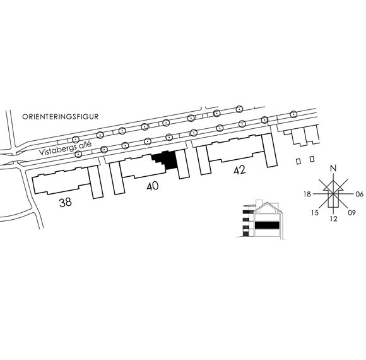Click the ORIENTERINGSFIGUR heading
tap(60, 117)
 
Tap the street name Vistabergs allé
tap(65, 148)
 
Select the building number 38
tap(66, 202)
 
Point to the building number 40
tap(153, 186)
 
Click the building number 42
tap(240, 170)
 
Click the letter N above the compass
tap(334, 168)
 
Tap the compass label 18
tap(307, 194)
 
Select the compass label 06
tap(360, 194)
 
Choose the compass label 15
tap(315, 213)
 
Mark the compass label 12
tap(334, 219)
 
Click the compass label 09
tap(351, 213)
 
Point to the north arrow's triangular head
tap(334, 186)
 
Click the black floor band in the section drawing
tap(267, 225)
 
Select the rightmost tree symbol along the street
tap(293, 114)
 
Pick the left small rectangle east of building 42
tap(298, 162)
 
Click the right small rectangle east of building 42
tap(312, 159)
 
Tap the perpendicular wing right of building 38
tap(95, 183)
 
